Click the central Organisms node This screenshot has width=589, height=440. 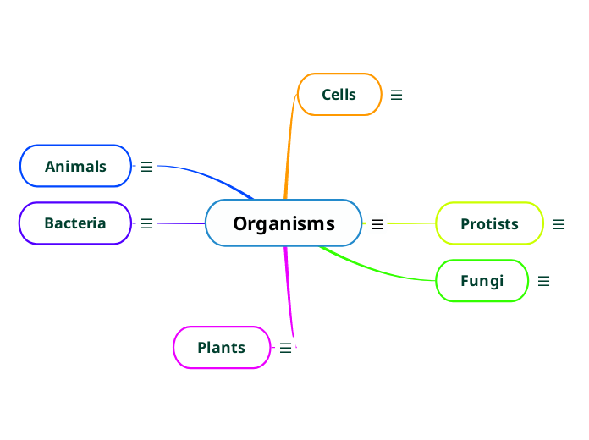[x=283, y=223]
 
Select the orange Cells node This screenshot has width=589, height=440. [x=339, y=95]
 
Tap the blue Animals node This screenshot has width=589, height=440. [x=76, y=166]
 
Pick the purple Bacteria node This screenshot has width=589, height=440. [x=75, y=223]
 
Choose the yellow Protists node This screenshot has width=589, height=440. [x=489, y=223]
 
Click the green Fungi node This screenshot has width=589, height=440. [x=482, y=281]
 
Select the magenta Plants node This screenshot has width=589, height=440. [x=221, y=347]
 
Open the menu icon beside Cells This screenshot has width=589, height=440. [x=396, y=96]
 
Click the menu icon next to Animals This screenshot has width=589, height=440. [x=146, y=167]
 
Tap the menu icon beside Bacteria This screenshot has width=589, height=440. [x=146, y=223]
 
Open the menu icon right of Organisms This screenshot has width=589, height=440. [x=377, y=224]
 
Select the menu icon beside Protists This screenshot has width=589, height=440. [x=559, y=224]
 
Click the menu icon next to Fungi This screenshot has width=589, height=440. [x=543, y=281]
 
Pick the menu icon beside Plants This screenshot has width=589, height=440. [x=285, y=348]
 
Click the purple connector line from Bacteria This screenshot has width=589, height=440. [x=182, y=223]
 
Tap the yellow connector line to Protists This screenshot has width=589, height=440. [x=410, y=223]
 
